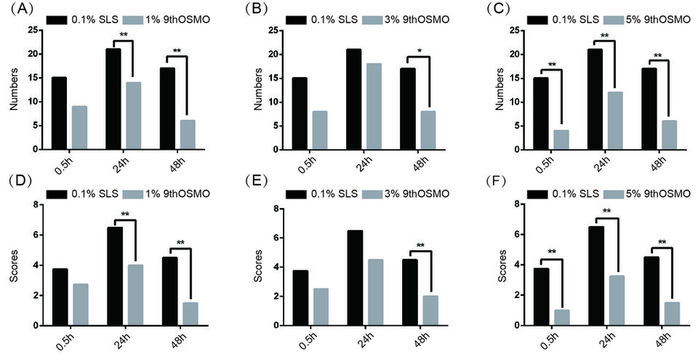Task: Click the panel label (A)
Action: pyautogui.click(x=17, y=9)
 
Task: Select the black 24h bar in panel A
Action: pyautogui.click(x=113, y=99)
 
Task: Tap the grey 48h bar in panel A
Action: pyautogui.click(x=188, y=135)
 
